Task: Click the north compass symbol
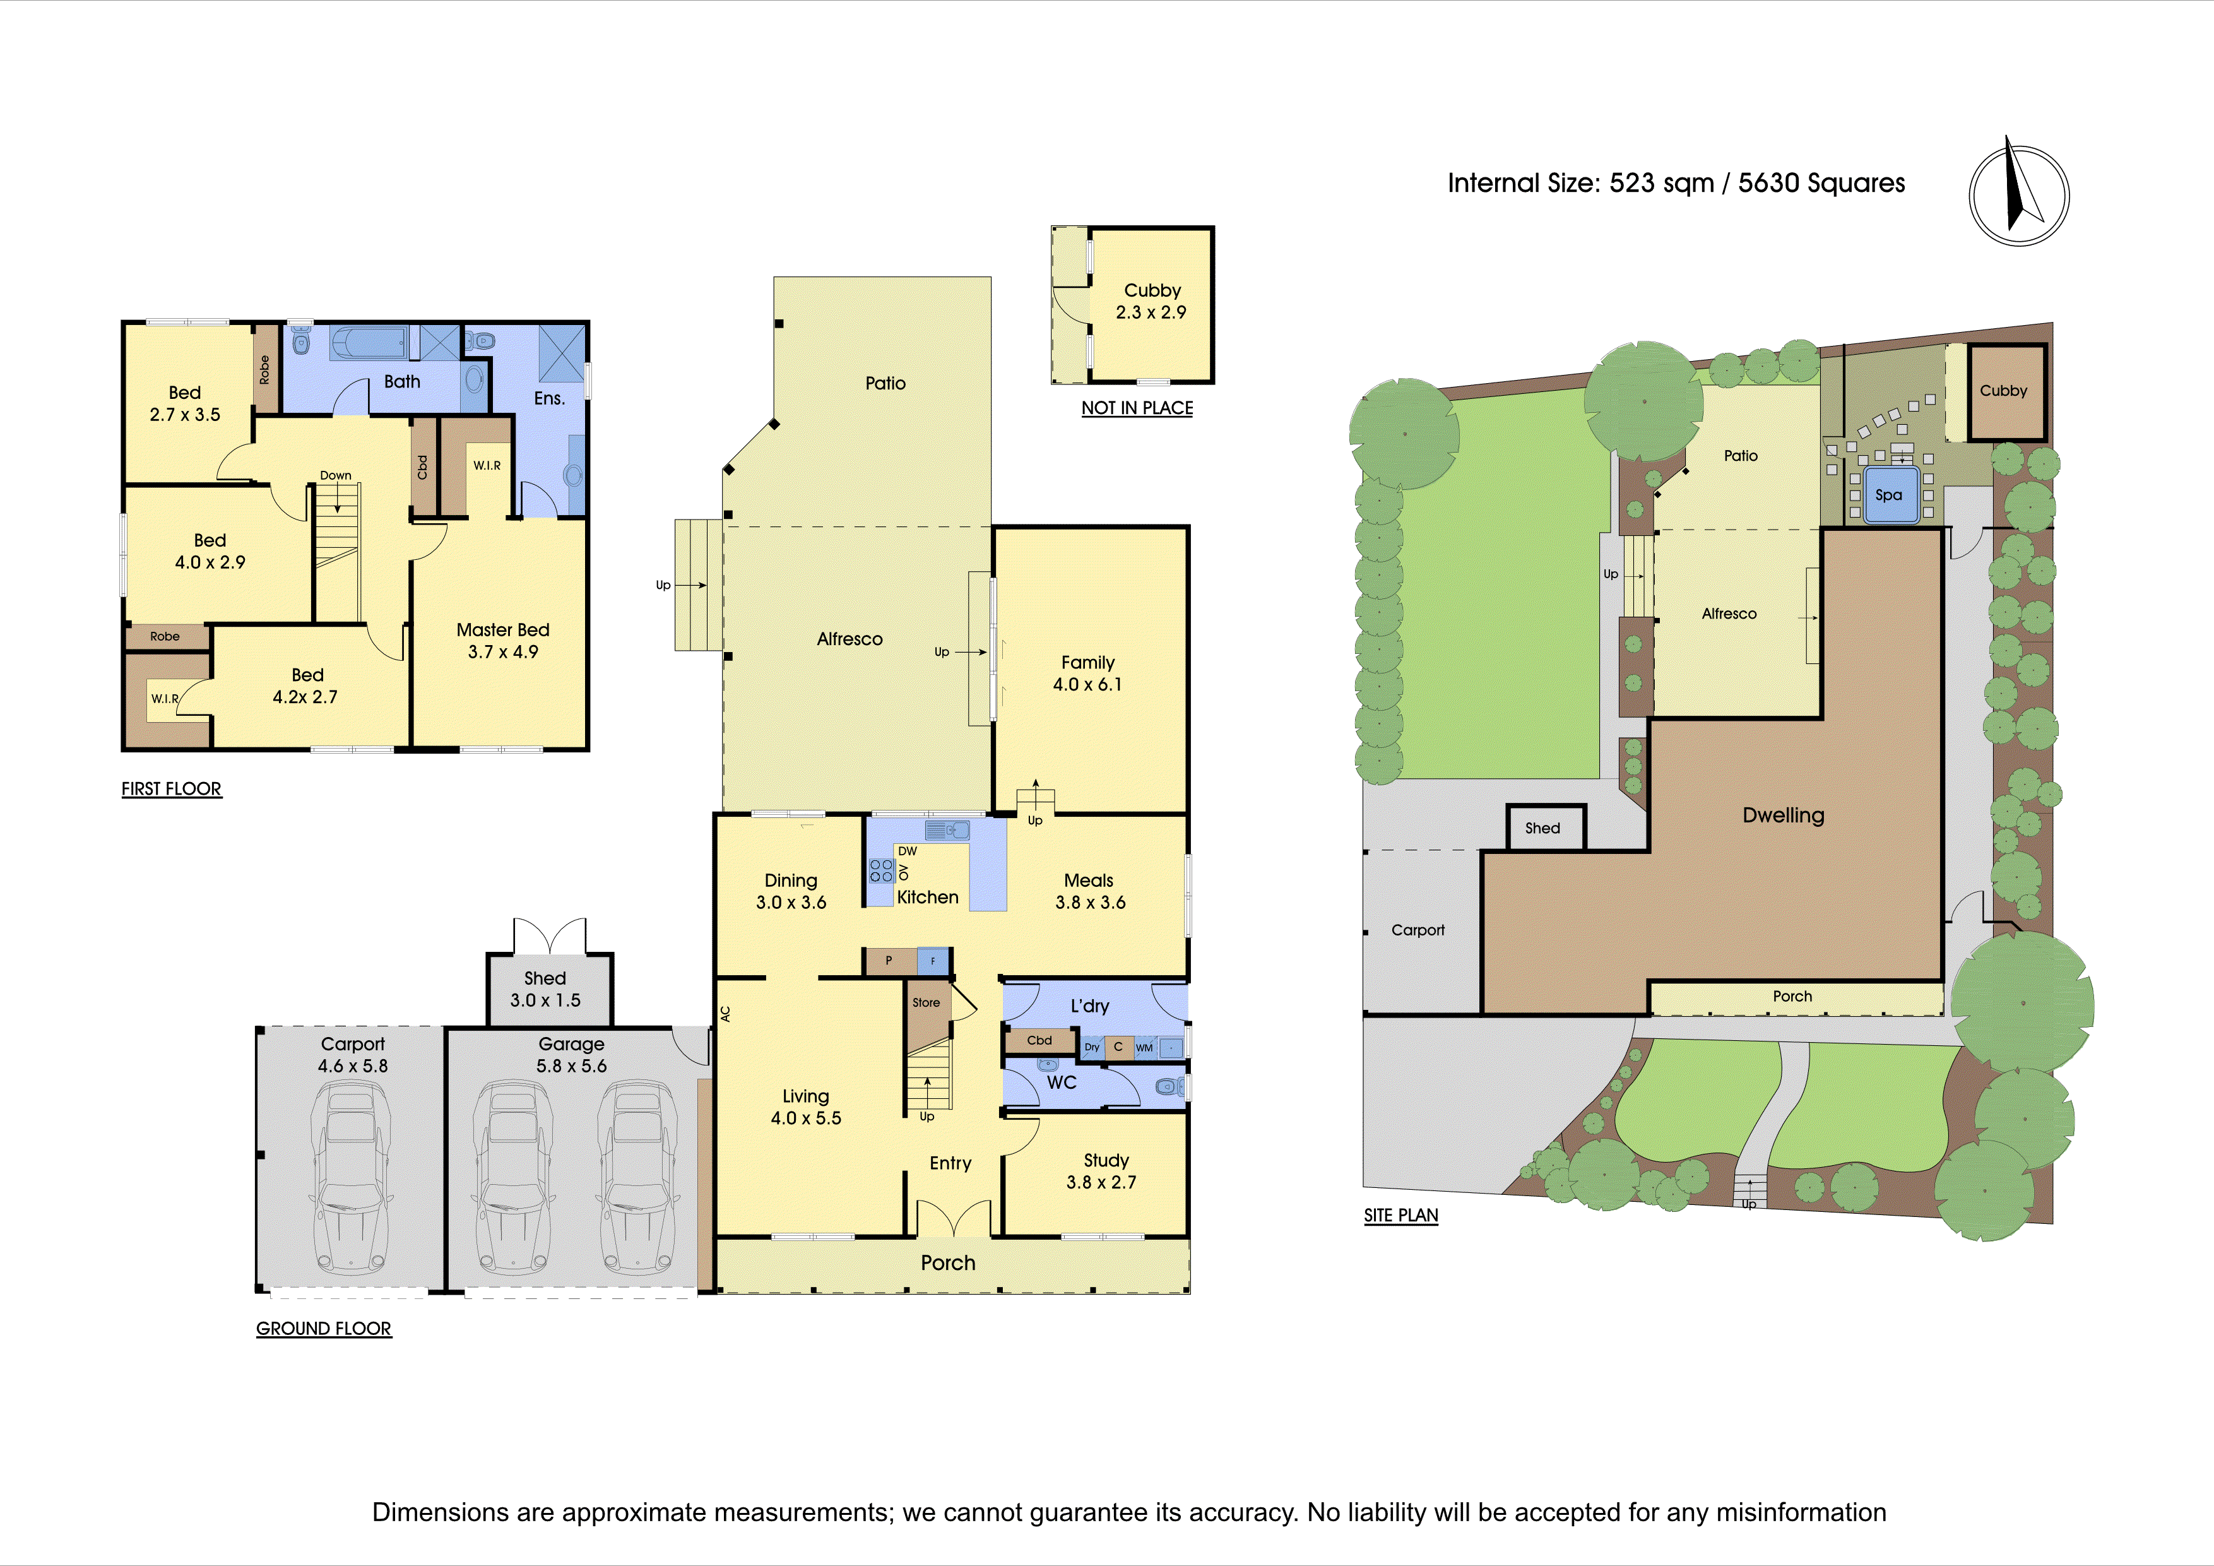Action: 2018,195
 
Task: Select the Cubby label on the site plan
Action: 2004,391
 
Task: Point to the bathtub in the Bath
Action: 369,342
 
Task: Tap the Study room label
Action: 1106,1161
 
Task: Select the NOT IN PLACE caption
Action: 1137,408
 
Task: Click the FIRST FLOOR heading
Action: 172,789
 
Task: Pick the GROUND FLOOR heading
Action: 324,1329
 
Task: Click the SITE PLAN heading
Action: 1401,1216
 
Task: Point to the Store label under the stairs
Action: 926,1003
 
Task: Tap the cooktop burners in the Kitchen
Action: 881,871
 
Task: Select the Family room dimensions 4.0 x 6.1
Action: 1087,685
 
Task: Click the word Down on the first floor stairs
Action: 336,475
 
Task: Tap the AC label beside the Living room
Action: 726,1014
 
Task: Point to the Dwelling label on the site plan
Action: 1784,816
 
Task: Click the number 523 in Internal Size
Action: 1633,183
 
